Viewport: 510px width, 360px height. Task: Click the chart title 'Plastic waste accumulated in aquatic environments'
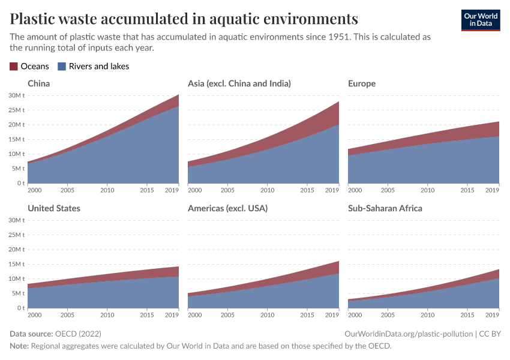[184, 18]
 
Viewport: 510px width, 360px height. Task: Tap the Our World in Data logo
[480, 20]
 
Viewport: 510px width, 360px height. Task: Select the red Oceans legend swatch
[14, 67]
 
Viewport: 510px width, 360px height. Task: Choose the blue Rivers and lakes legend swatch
[62, 67]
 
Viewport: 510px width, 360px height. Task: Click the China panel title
[39, 83]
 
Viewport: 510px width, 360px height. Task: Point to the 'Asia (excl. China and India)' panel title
[239, 83]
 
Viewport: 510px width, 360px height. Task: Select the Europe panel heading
[362, 83]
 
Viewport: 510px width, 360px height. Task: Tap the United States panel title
[54, 208]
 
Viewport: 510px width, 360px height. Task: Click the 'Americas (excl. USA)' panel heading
[227, 208]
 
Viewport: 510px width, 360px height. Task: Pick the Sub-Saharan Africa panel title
[385, 208]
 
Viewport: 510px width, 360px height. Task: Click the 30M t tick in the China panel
[16, 95]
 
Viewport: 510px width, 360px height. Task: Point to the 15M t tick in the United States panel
[16, 264]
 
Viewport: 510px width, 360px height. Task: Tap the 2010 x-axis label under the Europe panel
[427, 190]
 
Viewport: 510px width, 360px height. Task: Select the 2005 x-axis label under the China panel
[67, 190]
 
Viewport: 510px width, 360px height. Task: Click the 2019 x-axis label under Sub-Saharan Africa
[492, 315]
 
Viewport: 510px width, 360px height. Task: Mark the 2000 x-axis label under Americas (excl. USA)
[195, 315]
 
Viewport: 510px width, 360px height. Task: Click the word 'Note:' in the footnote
[20, 346]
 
